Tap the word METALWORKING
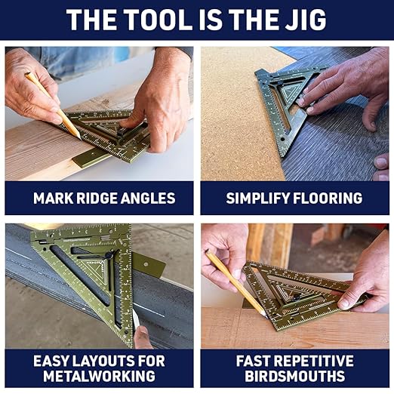pyautogui.click(x=100, y=376)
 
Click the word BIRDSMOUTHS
pyautogui.click(x=295, y=376)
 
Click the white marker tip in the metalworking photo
pyautogui.click(x=137, y=321)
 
